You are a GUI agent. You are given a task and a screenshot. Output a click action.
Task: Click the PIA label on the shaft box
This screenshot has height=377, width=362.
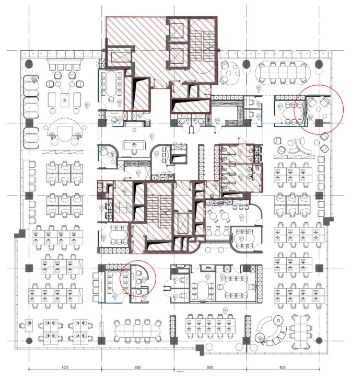point(208,268)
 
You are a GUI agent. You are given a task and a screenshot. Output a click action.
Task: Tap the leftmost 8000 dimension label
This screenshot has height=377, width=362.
point(65,368)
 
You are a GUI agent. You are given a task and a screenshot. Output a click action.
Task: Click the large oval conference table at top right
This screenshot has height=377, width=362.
point(282,72)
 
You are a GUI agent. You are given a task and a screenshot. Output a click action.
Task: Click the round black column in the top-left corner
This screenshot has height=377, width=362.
point(29,64)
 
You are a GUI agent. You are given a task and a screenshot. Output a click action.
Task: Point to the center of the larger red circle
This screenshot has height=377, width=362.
point(319,110)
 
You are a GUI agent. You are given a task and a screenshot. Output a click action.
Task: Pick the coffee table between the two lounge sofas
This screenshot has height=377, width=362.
point(65,99)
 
